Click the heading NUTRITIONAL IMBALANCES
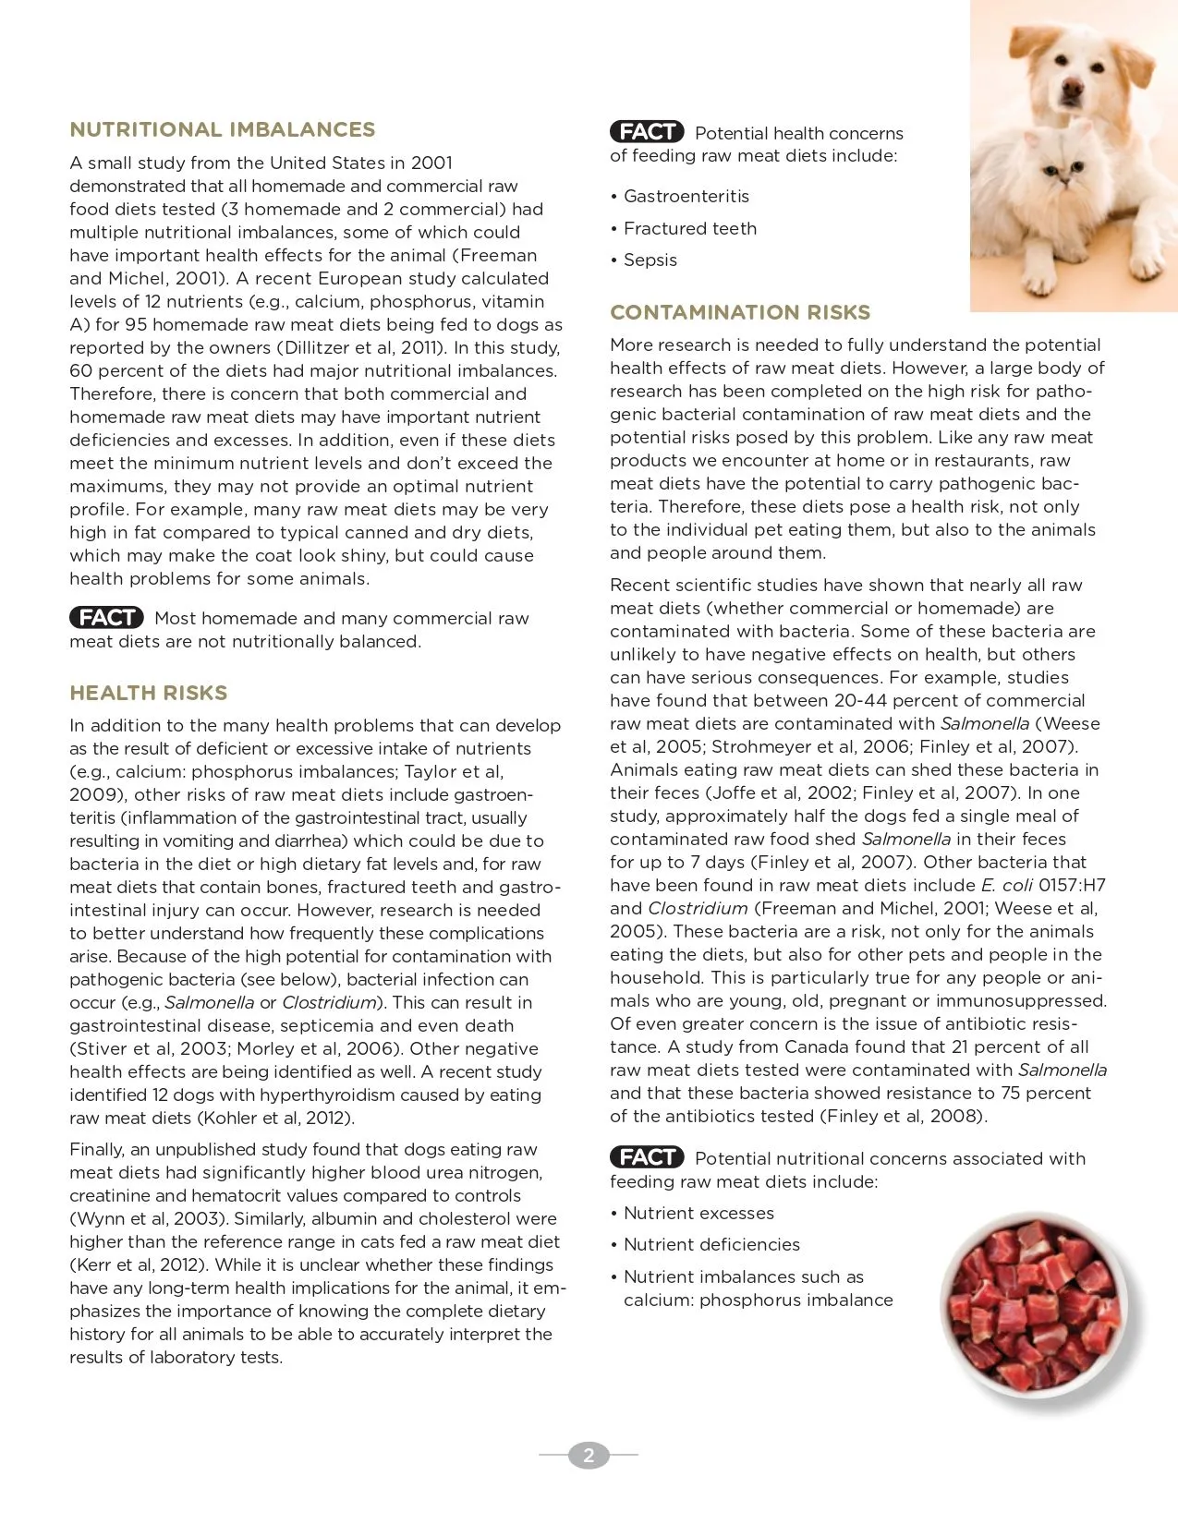[x=223, y=130]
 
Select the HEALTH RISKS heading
[x=148, y=694]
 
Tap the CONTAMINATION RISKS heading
[x=740, y=313]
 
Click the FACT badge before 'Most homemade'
[x=106, y=618]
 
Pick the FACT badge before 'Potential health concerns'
[x=647, y=132]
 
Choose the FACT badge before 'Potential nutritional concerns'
[x=647, y=1157]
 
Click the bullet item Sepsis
[x=650, y=260]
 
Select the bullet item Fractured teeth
[x=690, y=229]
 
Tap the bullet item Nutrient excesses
[x=698, y=1214]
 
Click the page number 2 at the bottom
[x=589, y=1456]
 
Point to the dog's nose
[x=1072, y=89]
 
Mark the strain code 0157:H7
[x=1072, y=886]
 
